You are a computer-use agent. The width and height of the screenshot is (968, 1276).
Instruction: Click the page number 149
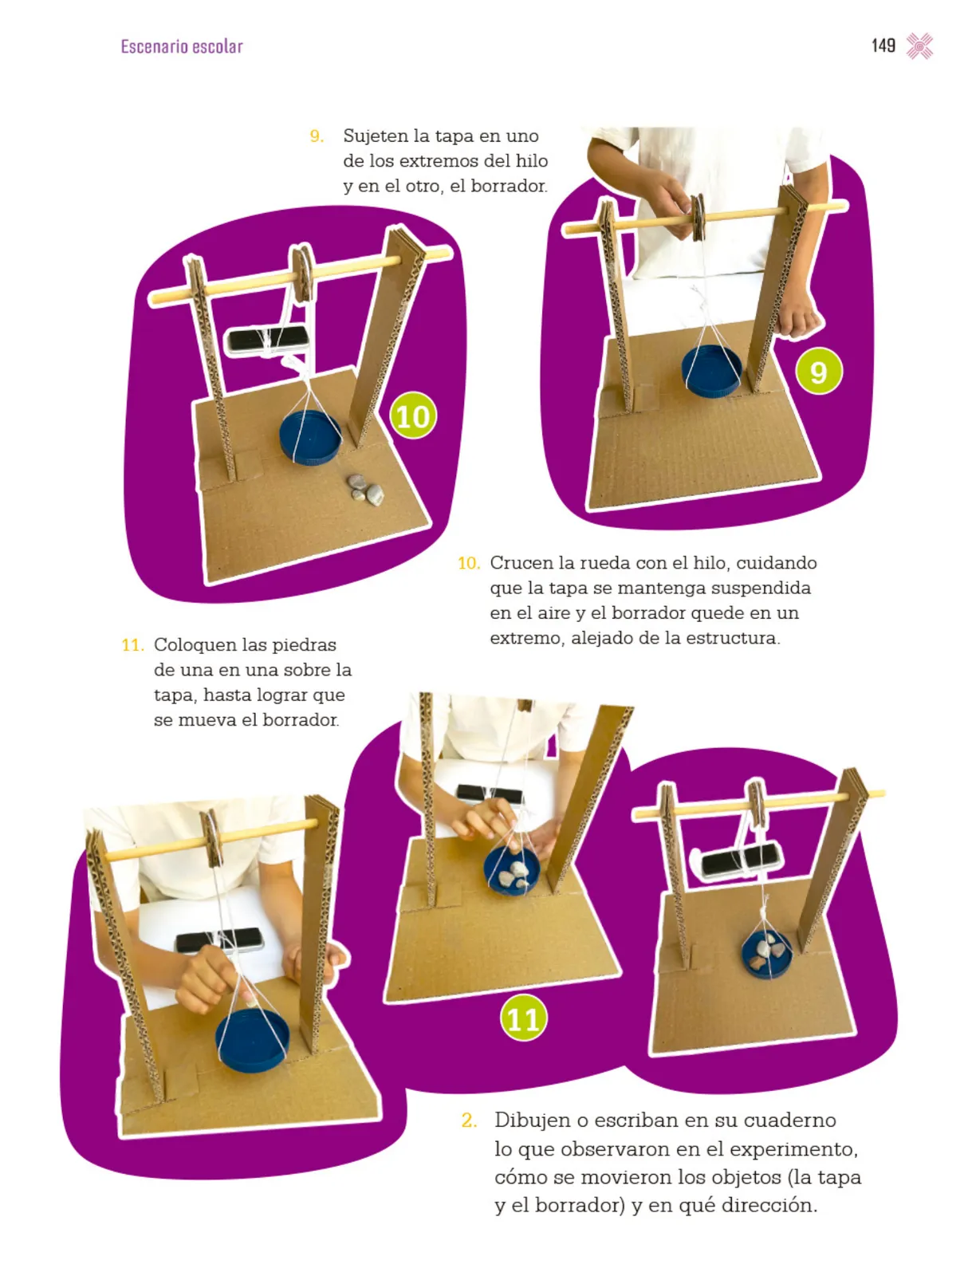pyautogui.click(x=883, y=46)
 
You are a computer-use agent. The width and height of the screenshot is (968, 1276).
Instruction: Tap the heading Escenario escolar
pyautogui.click(x=181, y=46)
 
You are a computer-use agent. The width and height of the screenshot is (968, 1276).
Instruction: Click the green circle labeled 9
pyautogui.click(x=817, y=372)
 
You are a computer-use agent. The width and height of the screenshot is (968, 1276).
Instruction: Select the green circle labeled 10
pyautogui.click(x=412, y=415)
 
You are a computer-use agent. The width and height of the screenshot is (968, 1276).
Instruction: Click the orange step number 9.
pyautogui.click(x=316, y=136)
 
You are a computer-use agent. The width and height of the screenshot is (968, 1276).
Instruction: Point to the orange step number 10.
pyautogui.click(x=469, y=563)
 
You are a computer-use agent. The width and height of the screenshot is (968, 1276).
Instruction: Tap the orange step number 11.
pyautogui.click(x=132, y=644)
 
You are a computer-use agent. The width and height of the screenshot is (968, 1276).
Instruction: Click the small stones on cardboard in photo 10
pyautogui.click(x=365, y=489)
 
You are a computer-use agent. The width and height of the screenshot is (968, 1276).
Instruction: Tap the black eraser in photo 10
pyautogui.click(x=266, y=341)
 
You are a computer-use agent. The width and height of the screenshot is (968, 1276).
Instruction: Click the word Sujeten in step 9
pyautogui.click(x=376, y=136)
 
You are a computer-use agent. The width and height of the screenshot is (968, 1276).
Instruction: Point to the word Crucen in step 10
pyautogui.click(x=521, y=563)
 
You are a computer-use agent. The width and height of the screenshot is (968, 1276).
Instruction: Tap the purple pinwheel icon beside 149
pyautogui.click(x=919, y=46)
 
